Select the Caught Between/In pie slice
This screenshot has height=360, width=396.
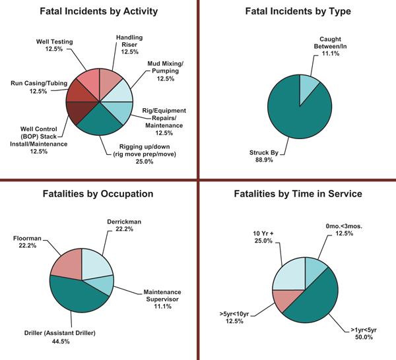click(309, 90)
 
